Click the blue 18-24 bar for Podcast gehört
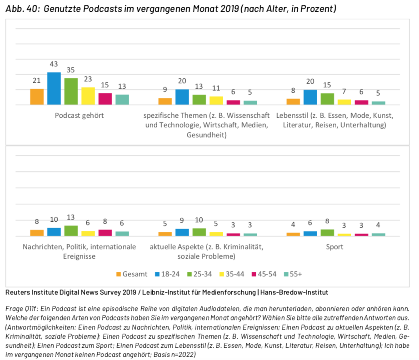coord(54,89)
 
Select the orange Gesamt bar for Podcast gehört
coord(37,97)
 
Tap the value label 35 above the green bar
coord(70,70)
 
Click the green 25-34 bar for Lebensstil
coord(327,99)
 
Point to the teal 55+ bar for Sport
coord(378,235)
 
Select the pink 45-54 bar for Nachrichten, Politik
coord(105,233)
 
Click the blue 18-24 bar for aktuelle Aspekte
coord(182,232)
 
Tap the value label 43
coord(54,65)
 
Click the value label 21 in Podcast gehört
coord(37,81)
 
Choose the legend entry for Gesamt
coord(132,274)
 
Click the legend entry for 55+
coord(293,274)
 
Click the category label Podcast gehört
coord(79,115)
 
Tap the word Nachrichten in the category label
coord(41,247)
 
